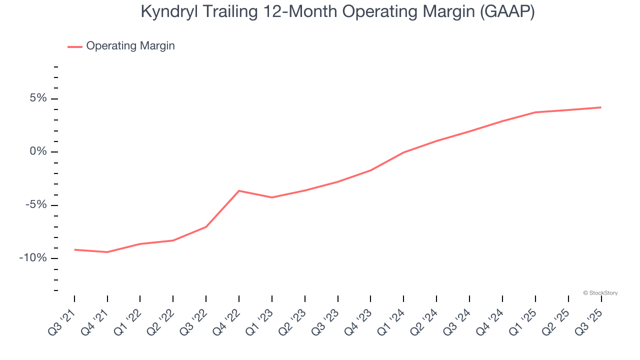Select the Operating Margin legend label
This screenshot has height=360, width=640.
(130, 46)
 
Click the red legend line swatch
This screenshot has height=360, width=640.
(75, 47)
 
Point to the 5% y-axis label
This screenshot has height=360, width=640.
(38, 98)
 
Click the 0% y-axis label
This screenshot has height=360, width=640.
(38, 151)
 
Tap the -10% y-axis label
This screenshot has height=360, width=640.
(33, 258)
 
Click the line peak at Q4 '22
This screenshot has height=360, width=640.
(239, 190)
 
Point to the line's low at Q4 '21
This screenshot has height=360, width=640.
(107, 252)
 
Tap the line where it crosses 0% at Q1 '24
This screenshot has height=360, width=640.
(403, 152)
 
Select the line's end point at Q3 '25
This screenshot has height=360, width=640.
(601, 107)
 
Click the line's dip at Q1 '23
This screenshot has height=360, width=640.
(271, 197)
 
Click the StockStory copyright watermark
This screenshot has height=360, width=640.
(600, 293)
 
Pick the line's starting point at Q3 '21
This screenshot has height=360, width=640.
(74, 249)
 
